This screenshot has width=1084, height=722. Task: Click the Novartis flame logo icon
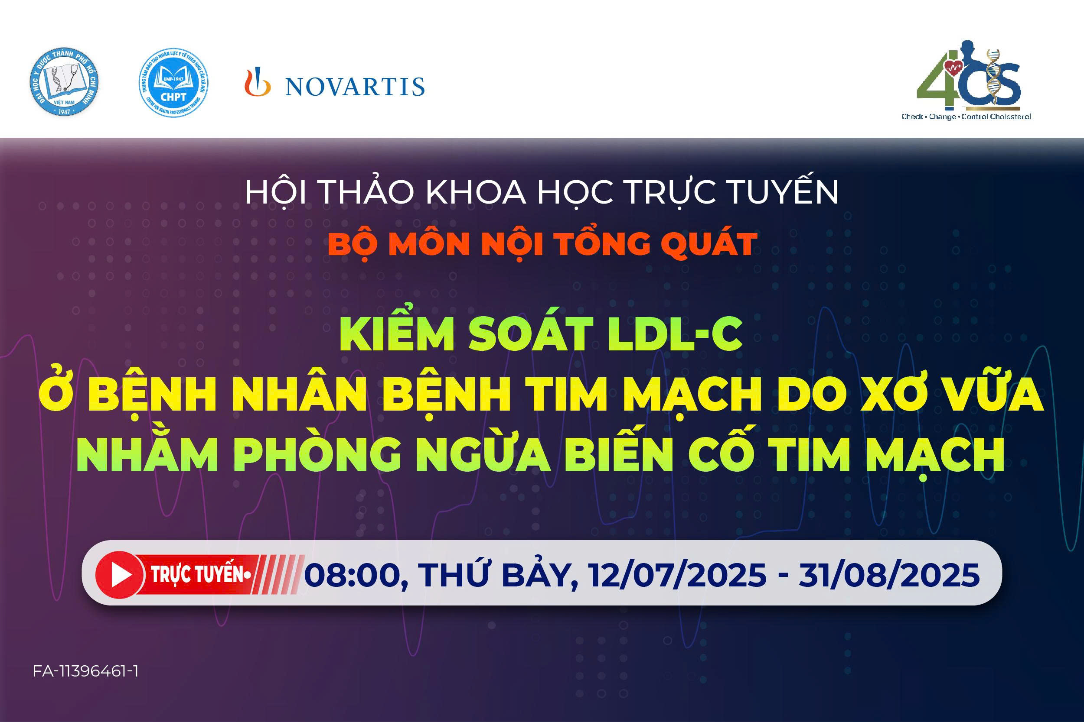[x=257, y=82]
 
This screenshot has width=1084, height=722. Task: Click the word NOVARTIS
[x=355, y=87]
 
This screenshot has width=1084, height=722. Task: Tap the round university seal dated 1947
[x=64, y=82]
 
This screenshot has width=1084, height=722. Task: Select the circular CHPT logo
[x=173, y=83]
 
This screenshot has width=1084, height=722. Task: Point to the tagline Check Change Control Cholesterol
[x=966, y=117]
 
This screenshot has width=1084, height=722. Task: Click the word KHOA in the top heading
[x=476, y=192]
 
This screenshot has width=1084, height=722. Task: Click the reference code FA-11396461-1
[x=86, y=671]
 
